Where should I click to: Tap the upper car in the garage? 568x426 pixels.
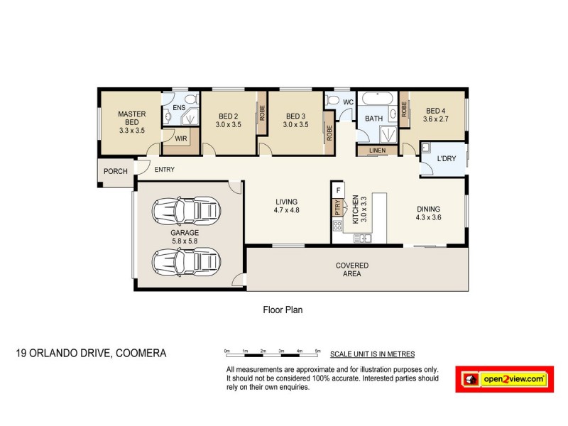186,210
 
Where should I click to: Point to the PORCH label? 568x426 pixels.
115,171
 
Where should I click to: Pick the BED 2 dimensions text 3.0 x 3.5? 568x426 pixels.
228,125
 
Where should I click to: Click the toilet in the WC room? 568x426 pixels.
332,102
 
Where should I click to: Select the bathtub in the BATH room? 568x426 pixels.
376,99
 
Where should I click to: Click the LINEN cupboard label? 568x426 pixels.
377,151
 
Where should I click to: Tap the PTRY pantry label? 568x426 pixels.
337,208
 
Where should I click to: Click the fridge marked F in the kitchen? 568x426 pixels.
339,191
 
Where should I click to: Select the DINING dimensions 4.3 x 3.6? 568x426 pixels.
428,217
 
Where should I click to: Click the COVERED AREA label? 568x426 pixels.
352,269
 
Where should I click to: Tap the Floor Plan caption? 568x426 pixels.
283,310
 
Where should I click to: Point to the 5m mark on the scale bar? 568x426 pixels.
317,351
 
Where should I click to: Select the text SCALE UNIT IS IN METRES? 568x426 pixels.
372,354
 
